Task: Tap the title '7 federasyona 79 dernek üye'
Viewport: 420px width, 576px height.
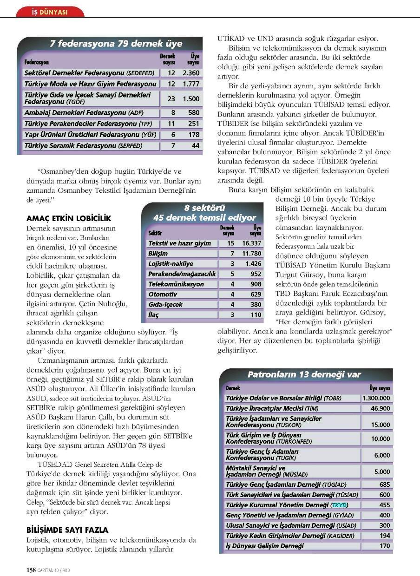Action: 116,44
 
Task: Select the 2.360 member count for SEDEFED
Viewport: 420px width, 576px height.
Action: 190,73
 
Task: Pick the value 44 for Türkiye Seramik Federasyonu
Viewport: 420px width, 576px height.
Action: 196,145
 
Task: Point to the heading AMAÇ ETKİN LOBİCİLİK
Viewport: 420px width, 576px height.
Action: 69,218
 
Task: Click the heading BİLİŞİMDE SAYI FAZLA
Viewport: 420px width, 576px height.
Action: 67,530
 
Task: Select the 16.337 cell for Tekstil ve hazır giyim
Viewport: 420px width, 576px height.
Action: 251,243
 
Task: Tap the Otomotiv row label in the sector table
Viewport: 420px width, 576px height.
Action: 163,294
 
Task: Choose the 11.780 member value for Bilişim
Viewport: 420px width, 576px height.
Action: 251,253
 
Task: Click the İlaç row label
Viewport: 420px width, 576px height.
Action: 153,314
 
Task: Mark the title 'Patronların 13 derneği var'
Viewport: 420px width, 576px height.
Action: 304,374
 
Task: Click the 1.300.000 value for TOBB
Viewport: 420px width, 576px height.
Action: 376,398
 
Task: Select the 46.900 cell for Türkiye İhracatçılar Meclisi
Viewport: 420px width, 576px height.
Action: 381,408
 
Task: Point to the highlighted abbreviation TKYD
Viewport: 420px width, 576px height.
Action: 339,505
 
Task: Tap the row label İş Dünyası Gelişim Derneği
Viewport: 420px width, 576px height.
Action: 265,546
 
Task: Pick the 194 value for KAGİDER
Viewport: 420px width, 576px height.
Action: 384,536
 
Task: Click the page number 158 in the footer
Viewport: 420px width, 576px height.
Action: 31,569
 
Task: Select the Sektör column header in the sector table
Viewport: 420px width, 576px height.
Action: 155,233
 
